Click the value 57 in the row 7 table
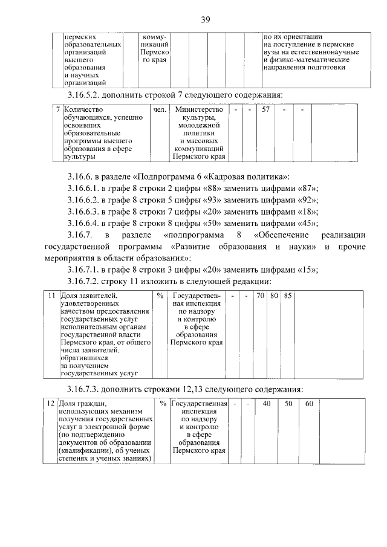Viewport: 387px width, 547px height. coord(265,110)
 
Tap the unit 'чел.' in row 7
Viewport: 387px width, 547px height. coord(160,110)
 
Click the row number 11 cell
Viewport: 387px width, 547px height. coord(52,296)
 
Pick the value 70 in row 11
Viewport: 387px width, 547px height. coord(260,296)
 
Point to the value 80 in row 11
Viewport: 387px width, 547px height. coord(274,296)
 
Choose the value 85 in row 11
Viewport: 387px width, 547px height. coord(288,296)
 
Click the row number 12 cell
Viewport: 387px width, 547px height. coord(52,404)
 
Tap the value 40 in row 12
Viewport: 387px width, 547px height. coord(267,404)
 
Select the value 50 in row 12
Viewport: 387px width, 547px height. coord(288,404)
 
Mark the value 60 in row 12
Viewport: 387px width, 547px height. coord(308,404)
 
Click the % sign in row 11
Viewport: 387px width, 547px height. coord(160,296)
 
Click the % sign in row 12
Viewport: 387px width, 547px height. coord(163,404)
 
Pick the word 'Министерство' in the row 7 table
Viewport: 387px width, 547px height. coord(198,110)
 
